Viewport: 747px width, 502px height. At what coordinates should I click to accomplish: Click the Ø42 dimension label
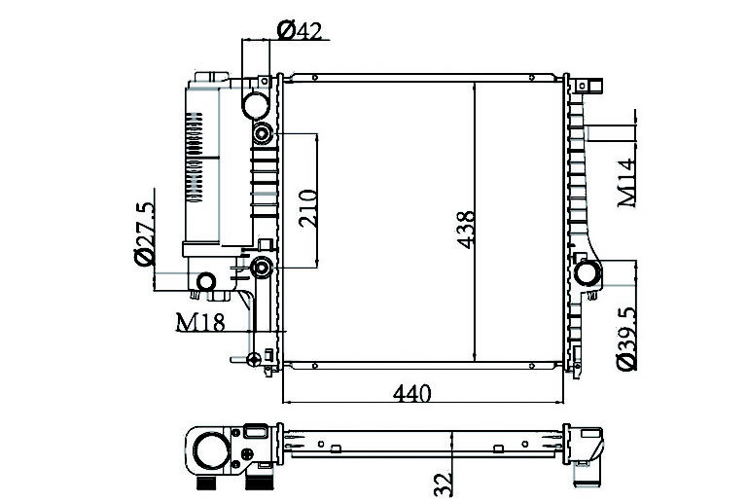[x=300, y=30]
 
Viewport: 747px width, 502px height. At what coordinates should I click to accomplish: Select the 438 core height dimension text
[x=466, y=230]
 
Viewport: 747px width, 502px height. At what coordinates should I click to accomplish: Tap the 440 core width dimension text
[x=412, y=393]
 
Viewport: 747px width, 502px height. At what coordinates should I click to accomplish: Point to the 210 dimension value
[x=307, y=208]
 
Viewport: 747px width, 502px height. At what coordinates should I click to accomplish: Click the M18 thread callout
[x=200, y=322]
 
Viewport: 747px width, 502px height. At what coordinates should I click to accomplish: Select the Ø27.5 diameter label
[x=144, y=233]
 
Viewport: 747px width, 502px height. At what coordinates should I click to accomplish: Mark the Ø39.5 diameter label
[x=626, y=339]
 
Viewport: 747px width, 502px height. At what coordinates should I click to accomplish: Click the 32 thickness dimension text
[x=443, y=484]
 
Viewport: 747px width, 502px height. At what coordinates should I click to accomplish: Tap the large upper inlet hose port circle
[x=256, y=105]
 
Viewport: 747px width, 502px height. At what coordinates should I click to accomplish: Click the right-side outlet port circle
[x=587, y=273]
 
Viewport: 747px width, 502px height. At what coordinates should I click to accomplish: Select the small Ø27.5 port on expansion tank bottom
[x=206, y=282]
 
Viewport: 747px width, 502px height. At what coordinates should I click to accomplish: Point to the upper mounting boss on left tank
[x=263, y=133]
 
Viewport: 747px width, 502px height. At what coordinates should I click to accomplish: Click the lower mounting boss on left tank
[x=261, y=268]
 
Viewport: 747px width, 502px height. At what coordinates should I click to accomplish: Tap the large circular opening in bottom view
[x=211, y=450]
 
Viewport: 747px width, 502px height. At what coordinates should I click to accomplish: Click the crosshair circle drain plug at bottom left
[x=255, y=359]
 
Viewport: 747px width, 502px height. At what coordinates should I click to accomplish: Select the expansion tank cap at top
[x=211, y=77]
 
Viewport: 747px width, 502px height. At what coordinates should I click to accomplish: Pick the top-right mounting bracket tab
[x=589, y=86]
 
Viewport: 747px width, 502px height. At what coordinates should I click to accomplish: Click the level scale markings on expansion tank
[x=195, y=158]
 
